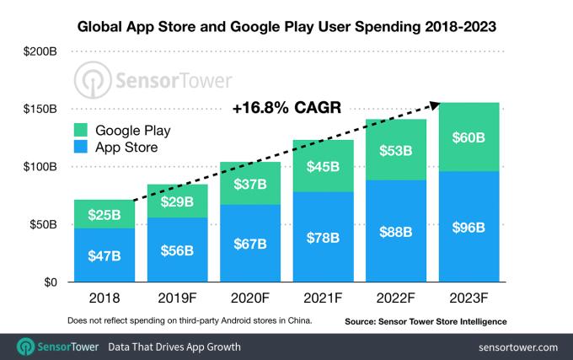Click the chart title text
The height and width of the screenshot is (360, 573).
(286, 27)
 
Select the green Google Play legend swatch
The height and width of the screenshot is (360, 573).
(83, 131)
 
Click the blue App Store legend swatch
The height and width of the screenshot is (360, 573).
(83, 148)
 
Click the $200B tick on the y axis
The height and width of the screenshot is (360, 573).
(40, 52)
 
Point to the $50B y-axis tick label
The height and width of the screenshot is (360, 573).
(42, 225)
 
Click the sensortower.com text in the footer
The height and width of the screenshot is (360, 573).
(517, 347)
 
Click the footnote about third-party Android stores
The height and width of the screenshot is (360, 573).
(190, 320)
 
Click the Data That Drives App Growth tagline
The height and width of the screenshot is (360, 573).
(174, 347)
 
